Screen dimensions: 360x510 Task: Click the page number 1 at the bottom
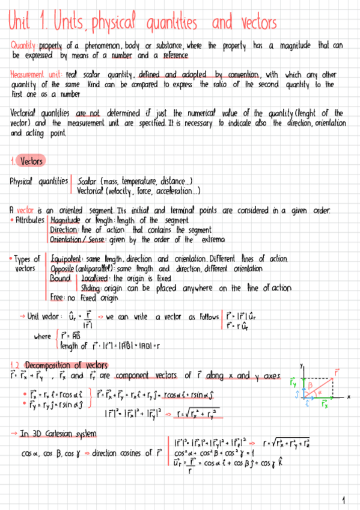pyautogui.click(x=343, y=499)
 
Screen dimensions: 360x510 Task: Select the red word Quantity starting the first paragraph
pyautogui.click(x=23, y=46)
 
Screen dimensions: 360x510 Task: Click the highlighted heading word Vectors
pyautogui.click(x=31, y=161)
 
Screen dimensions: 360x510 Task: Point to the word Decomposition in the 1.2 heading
pyautogui.click(x=52, y=365)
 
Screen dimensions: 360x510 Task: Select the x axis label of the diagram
pyautogui.click(x=349, y=396)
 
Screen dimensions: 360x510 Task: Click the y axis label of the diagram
pyautogui.click(x=302, y=364)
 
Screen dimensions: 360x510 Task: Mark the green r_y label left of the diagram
pyautogui.click(x=293, y=381)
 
